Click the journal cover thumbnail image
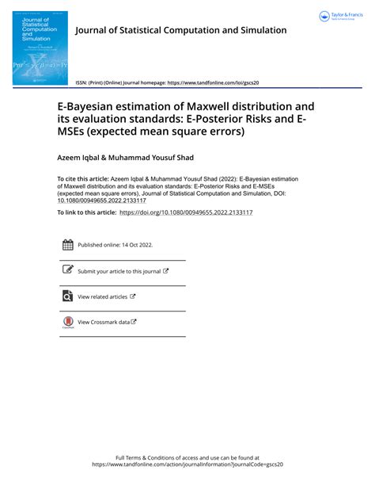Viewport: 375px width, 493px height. click(x=40, y=48)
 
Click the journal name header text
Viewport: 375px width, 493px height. click(x=180, y=31)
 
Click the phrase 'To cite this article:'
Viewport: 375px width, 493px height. click(x=84, y=179)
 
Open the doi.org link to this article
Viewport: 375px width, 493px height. click(x=186, y=213)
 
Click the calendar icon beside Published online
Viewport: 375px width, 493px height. click(x=67, y=245)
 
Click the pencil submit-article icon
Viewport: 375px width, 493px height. click(x=67, y=270)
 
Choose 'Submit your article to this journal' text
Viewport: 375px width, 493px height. click(x=119, y=271)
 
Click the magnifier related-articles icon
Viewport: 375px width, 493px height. click(x=67, y=296)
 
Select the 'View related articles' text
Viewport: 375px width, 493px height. click(x=102, y=296)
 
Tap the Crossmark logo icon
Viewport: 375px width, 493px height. click(x=67, y=322)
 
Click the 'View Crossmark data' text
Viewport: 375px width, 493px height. click(x=104, y=322)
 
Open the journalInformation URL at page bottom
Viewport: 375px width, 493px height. click(x=187, y=464)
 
